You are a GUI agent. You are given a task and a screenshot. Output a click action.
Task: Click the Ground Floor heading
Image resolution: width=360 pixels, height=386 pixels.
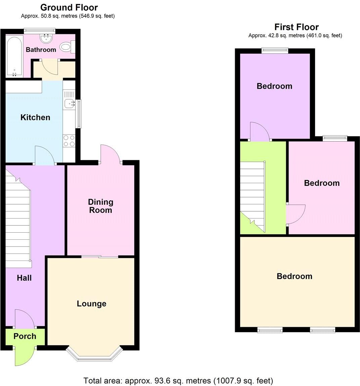[x=69, y=7]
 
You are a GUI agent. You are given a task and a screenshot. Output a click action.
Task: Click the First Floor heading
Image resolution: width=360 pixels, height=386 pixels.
[x=296, y=27]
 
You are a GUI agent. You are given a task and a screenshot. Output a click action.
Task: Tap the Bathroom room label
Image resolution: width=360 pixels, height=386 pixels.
[x=41, y=50]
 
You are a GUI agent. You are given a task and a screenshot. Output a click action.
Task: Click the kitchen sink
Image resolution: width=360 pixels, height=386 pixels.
[x=69, y=104]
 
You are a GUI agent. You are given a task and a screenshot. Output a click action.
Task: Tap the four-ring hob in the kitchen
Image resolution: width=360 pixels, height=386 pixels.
[x=69, y=141]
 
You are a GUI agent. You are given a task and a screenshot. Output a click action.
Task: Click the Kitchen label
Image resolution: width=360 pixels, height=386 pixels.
[x=35, y=117]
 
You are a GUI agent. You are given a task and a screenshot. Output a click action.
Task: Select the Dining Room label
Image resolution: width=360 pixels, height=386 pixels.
[x=100, y=206]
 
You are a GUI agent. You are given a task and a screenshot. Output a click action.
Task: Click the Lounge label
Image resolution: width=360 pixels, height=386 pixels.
[x=91, y=304]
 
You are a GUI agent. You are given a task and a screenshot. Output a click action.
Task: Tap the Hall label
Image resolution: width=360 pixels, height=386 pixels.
[x=24, y=278]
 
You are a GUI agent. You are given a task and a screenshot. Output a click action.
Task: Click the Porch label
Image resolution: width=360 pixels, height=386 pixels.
[x=25, y=336]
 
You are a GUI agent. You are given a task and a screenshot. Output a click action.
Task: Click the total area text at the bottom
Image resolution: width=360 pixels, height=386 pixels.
[x=178, y=381]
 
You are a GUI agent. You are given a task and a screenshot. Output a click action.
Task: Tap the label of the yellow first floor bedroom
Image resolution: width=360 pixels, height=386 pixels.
[x=295, y=276]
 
